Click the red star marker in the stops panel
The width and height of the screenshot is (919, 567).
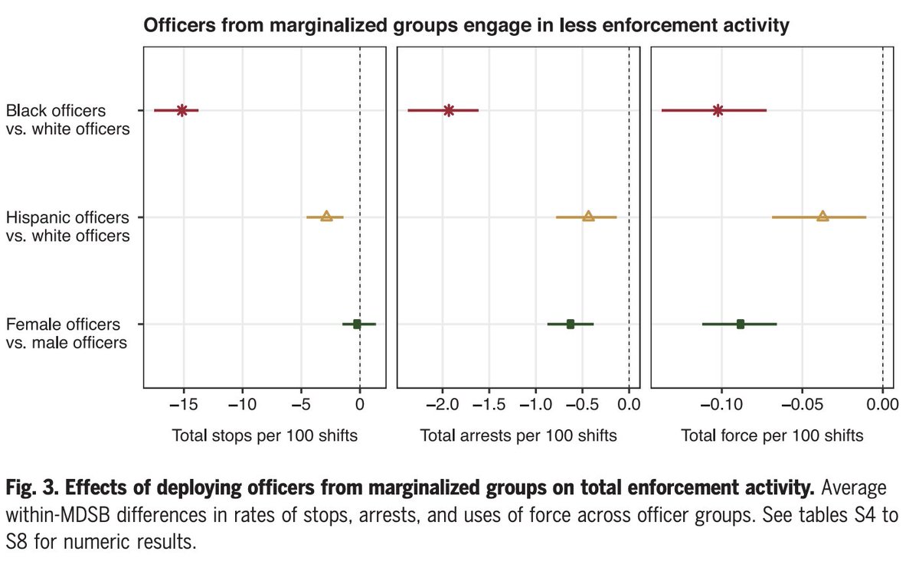tap(182, 110)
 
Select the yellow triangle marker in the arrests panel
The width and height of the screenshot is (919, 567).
tap(588, 217)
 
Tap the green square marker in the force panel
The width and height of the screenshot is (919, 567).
tap(741, 324)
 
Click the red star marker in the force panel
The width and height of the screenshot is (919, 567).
tap(718, 110)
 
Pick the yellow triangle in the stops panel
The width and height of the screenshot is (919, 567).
tap(326, 217)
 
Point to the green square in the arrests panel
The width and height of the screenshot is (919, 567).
tap(571, 324)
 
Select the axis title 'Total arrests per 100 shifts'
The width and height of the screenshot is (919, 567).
tap(518, 436)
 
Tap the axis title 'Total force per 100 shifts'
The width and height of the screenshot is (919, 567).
tap(772, 436)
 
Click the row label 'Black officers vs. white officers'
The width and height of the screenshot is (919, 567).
tap(68, 120)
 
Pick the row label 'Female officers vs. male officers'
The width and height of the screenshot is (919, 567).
tap(67, 334)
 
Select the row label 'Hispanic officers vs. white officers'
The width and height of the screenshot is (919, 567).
tap(68, 226)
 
